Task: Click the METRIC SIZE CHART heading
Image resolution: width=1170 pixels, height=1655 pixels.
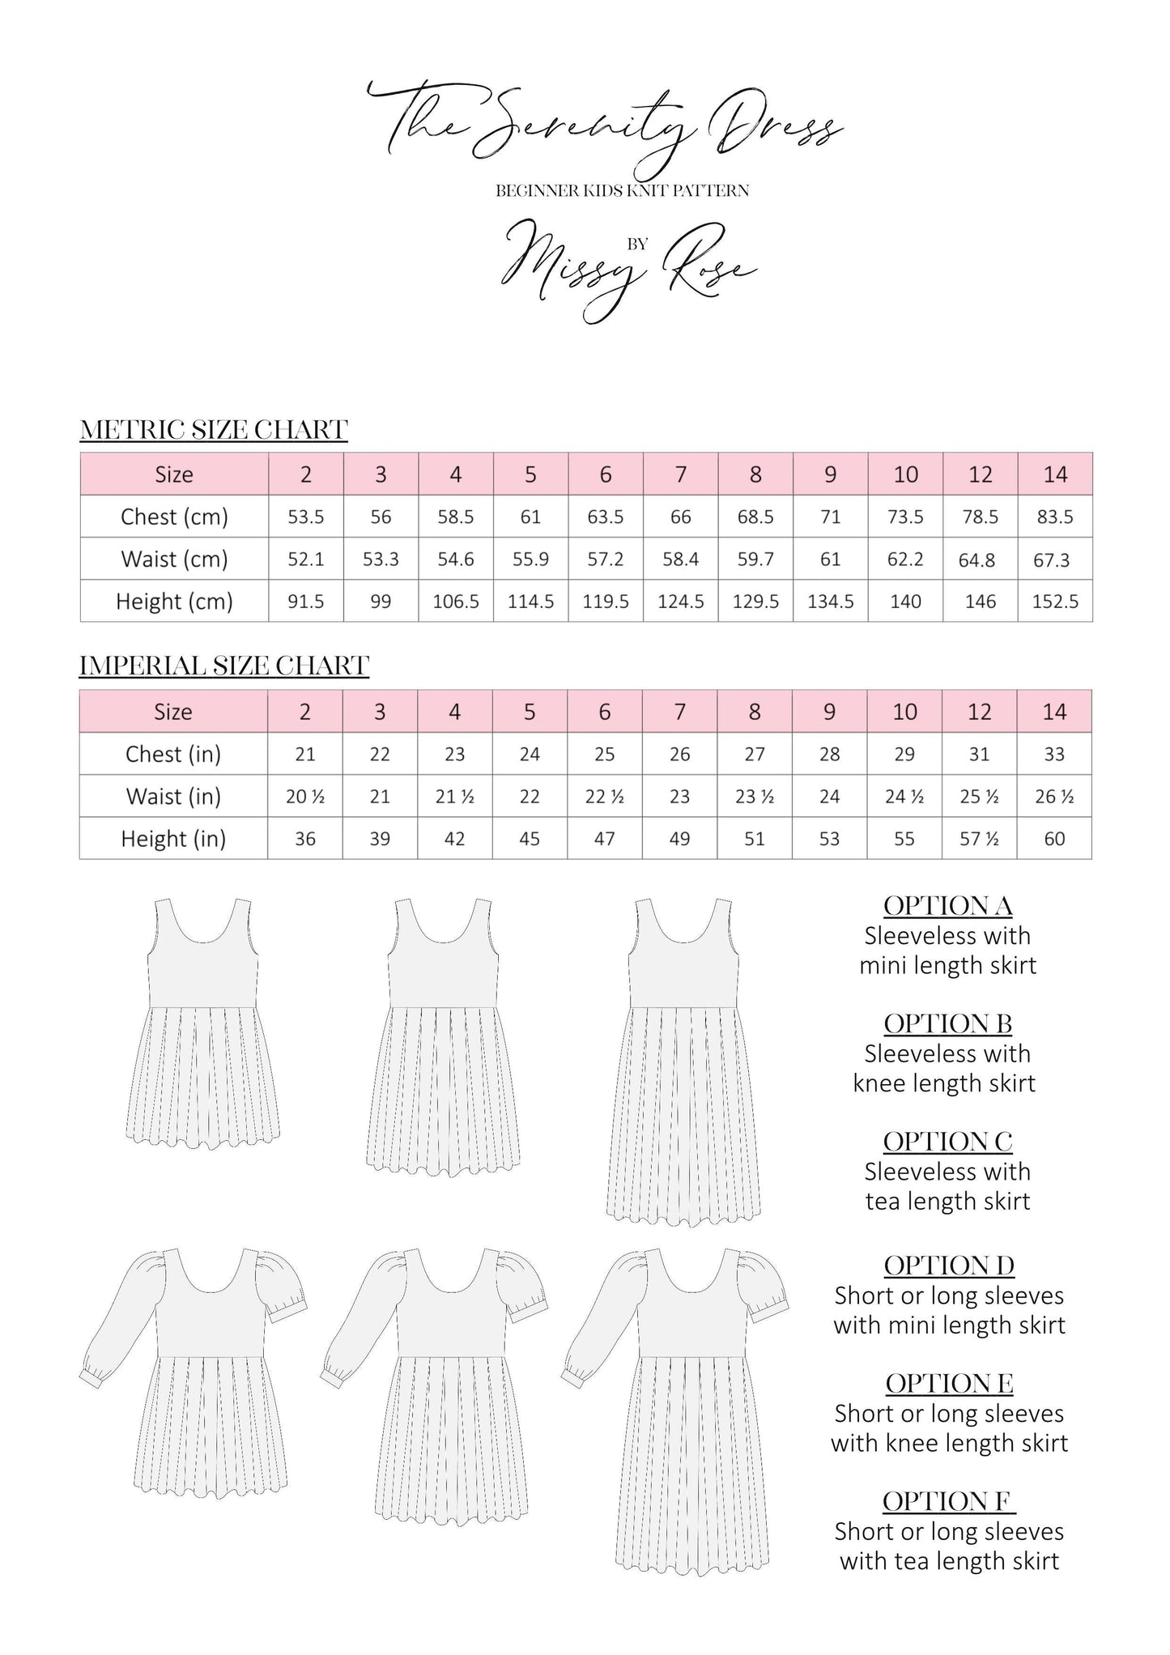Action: (214, 429)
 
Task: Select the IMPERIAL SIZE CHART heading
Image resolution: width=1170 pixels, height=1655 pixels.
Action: (224, 666)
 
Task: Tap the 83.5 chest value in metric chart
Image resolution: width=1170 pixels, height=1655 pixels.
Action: (1054, 517)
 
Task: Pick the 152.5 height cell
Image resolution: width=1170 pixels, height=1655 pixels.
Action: (1054, 602)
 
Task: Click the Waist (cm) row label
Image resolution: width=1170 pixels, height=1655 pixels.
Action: (174, 559)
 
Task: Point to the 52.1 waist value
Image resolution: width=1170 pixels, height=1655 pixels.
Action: (305, 559)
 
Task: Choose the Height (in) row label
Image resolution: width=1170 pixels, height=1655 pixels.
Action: (173, 839)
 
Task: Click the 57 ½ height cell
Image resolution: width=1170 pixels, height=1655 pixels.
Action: (979, 839)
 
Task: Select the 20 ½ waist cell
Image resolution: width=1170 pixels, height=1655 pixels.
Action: (305, 797)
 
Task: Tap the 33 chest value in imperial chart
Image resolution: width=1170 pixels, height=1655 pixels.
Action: (1053, 754)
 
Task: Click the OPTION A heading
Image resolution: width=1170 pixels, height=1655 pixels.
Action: (947, 906)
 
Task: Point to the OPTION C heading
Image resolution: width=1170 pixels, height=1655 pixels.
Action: (947, 1142)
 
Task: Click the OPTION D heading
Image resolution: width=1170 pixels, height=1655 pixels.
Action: (948, 1266)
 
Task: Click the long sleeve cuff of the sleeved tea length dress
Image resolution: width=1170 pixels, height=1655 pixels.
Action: (572, 1376)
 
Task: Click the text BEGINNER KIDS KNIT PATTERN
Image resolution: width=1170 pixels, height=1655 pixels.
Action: (622, 191)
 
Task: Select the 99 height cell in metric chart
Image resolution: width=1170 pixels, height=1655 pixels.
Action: (380, 602)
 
